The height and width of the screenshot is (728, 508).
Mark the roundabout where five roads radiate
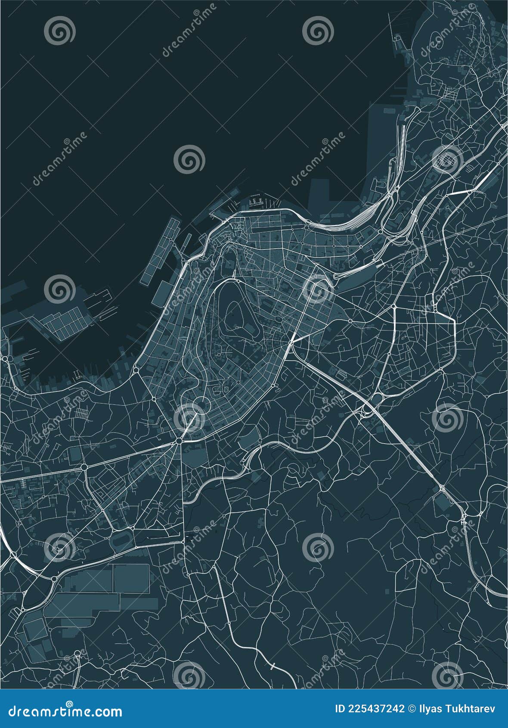click(x=179, y=441)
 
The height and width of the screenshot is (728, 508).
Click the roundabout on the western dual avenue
click(x=84, y=467)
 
